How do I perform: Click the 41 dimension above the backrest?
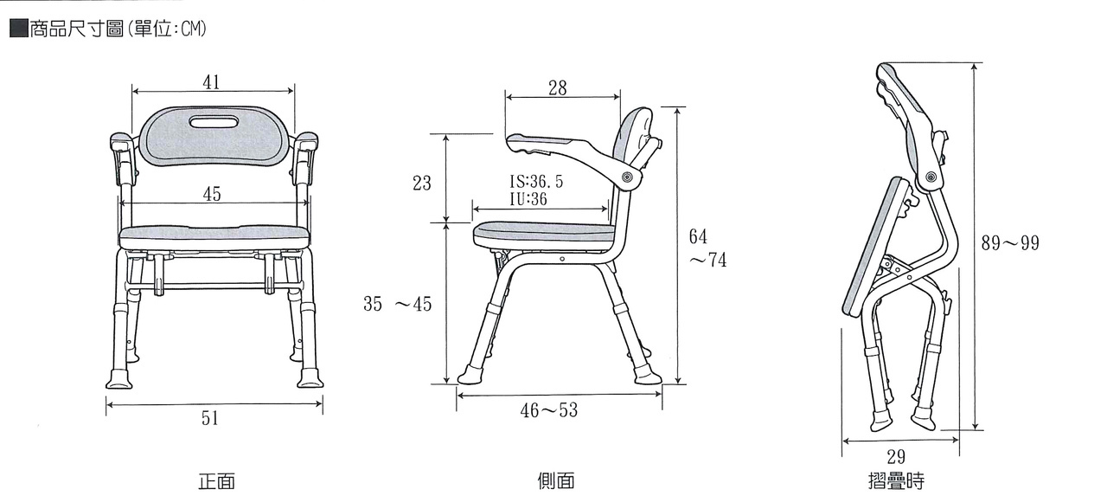211,82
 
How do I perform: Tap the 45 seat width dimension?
212,194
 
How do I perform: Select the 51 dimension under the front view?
209,418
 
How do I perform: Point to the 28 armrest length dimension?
558,88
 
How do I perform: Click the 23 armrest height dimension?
421,183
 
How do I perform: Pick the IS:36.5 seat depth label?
536,182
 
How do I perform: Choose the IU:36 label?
528,199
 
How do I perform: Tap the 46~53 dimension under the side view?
548,410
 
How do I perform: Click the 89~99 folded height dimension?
1010,243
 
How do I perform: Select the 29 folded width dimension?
895,456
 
